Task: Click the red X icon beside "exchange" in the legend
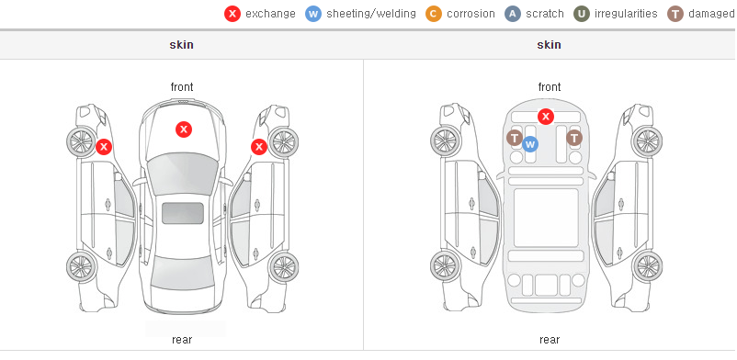click(232, 14)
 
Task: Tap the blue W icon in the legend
click(313, 14)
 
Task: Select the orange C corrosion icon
click(434, 14)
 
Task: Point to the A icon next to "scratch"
click(513, 14)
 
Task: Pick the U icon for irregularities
click(582, 14)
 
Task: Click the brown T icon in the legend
click(675, 14)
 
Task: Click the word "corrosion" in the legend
click(471, 14)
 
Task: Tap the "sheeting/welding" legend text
click(371, 14)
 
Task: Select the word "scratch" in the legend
click(545, 14)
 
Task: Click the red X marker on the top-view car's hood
click(184, 129)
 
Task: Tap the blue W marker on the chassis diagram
click(529, 144)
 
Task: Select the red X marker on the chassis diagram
click(545, 116)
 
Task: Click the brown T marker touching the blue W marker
click(515, 138)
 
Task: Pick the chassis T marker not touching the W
click(574, 138)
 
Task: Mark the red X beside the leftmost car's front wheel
click(104, 147)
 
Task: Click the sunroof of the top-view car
click(183, 213)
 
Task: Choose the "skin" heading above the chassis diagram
click(549, 45)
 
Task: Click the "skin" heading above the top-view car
click(181, 45)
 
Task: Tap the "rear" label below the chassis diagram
click(549, 339)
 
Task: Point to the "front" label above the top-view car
click(182, 87)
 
